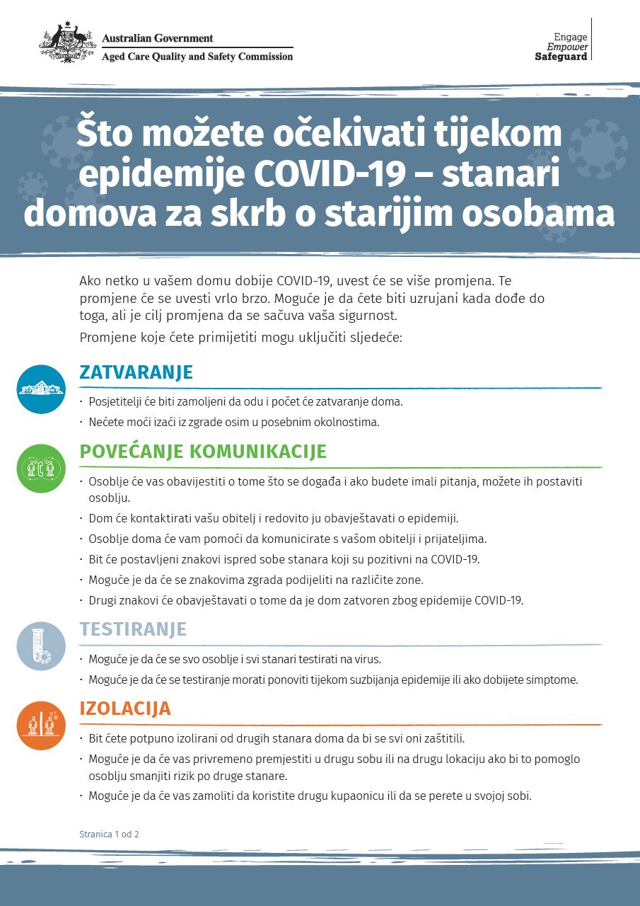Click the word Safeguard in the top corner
point(561,57)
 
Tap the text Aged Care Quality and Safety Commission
point(197,57)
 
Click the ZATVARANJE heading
point(136,372)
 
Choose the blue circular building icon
point(41,389)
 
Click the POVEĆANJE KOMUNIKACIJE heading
point(203,452)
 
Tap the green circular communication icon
point(41,469)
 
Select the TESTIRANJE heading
point(133,629)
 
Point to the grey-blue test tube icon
point(41,646)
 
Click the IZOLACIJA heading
point(125,709)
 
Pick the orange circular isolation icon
point(41,726)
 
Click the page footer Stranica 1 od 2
point(109,834)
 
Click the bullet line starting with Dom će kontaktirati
point(273,518)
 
